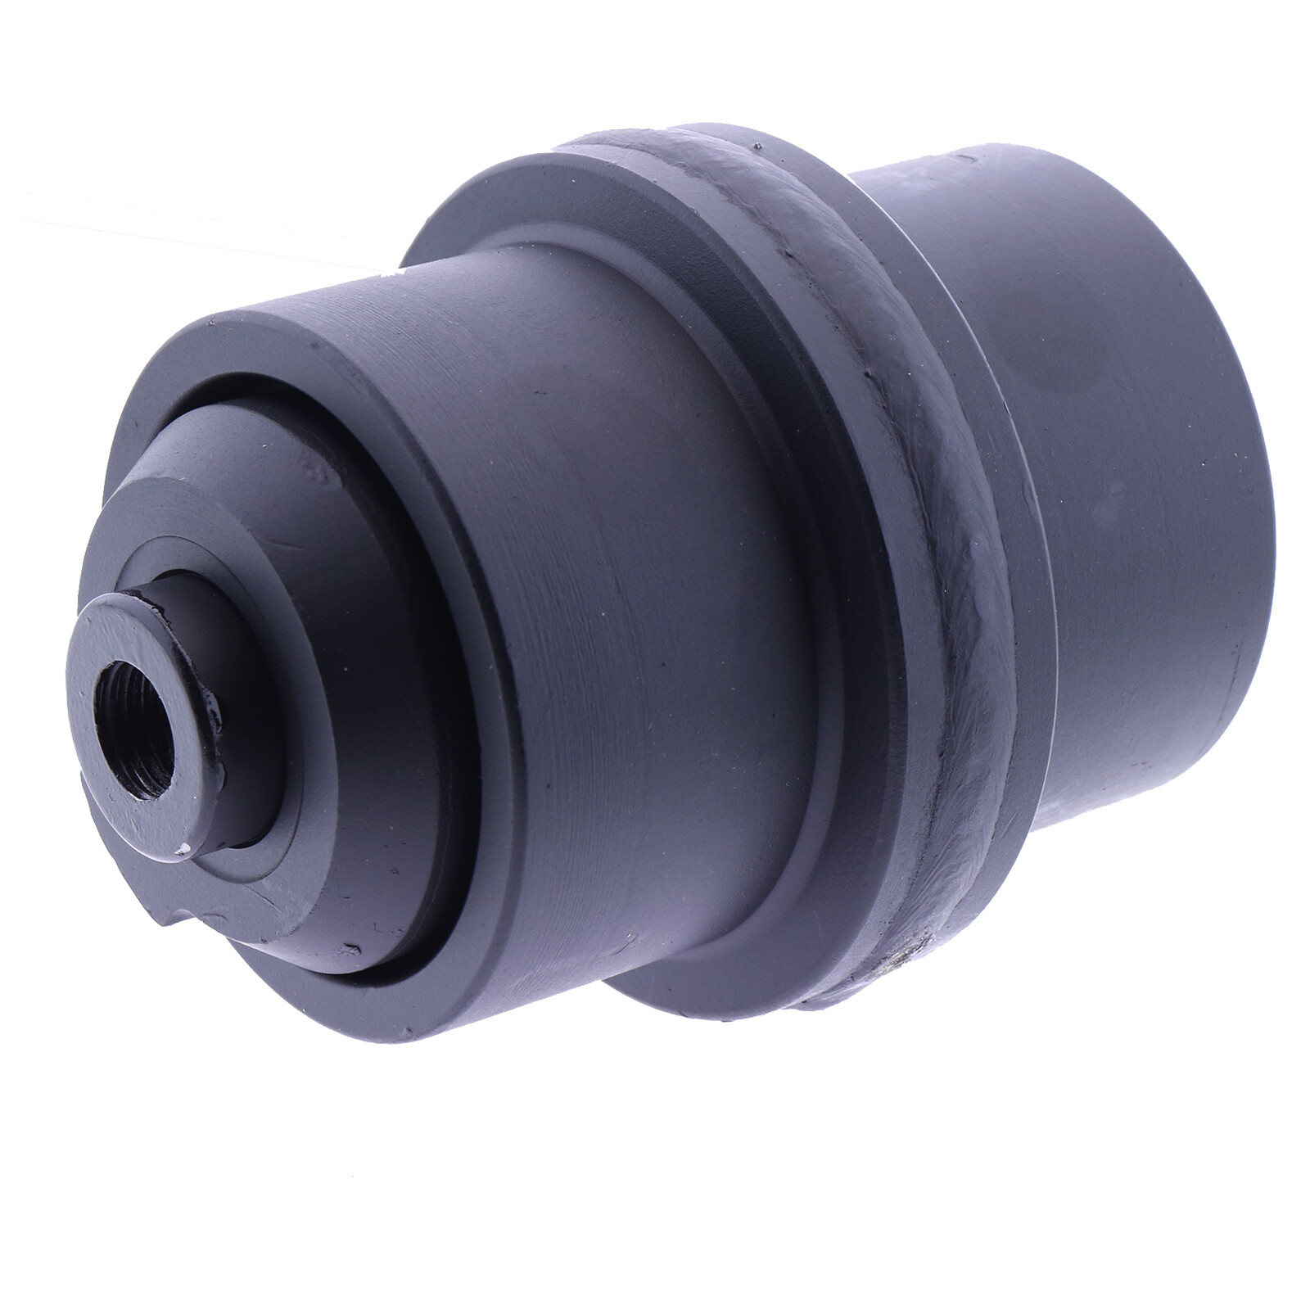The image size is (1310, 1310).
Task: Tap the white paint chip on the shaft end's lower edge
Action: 189,848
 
